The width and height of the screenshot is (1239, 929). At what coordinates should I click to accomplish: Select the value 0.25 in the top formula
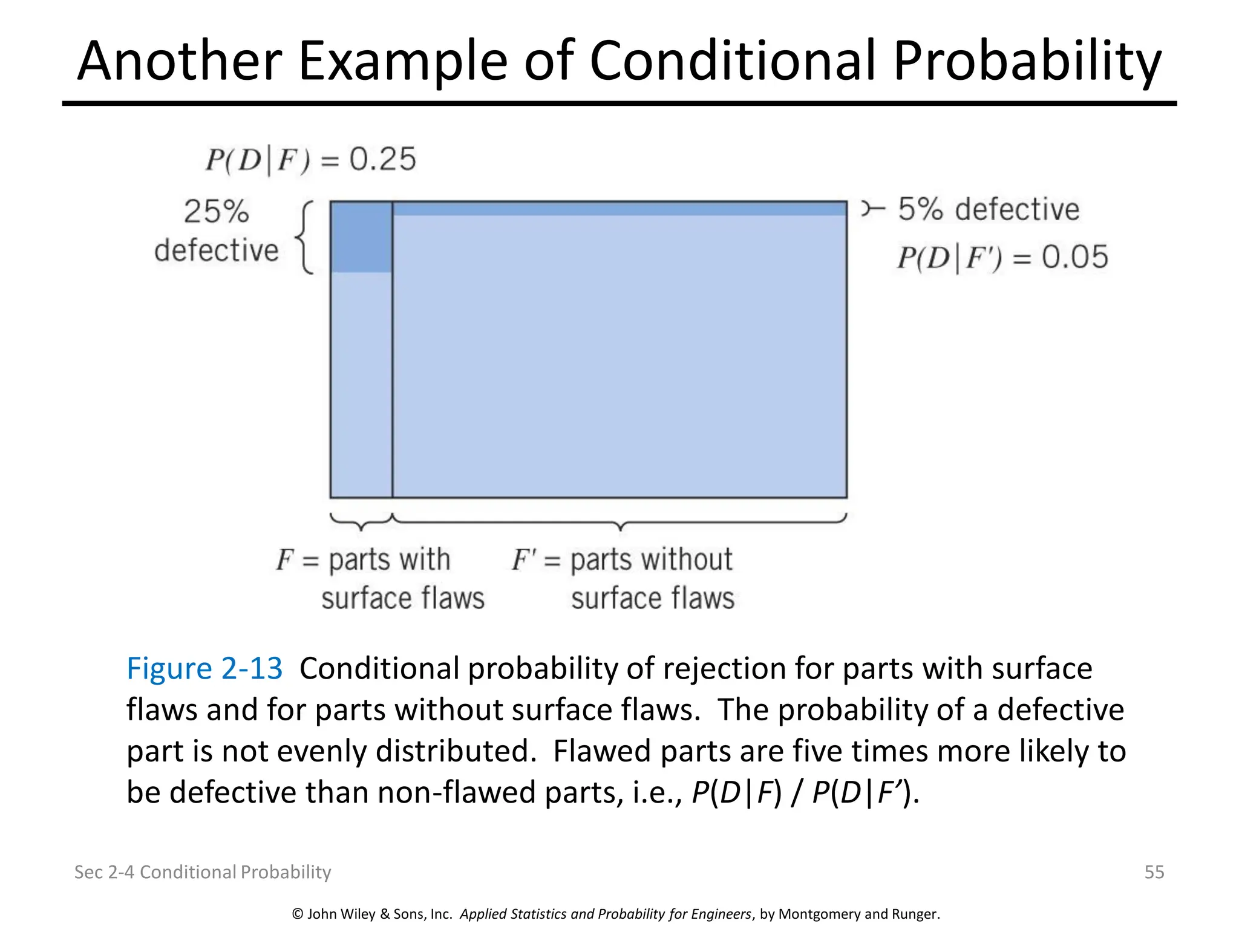[x=382, y=159]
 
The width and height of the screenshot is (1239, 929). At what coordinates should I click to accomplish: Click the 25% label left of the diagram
[x=216, y=212]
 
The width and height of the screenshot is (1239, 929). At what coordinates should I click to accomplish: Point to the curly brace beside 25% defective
[x=306, y=238]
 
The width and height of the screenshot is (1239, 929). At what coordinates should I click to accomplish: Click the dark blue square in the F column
[x=361, y=237]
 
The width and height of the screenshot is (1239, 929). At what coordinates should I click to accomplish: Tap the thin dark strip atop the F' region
[x=619, y=209]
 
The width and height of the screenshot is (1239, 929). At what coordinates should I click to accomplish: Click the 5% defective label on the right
[x=988, y=209]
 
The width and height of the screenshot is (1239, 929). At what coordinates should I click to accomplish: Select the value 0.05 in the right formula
[x=1074, y=257]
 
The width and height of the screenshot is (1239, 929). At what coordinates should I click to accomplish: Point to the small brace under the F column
[x=361, y=521]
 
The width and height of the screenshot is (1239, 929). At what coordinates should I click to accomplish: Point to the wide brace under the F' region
[x=619, y=521]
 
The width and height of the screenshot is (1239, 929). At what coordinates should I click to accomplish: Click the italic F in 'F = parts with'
[x=284, y=559]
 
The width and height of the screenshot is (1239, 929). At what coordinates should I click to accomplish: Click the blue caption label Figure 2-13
[x=204, y=668]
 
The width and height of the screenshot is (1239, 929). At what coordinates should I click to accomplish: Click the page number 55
[x=1154, y=872]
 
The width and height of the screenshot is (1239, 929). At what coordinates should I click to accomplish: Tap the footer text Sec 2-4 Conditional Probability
[x=203, y=872]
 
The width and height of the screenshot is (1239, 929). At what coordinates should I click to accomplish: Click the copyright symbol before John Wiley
[x=297, y=914]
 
